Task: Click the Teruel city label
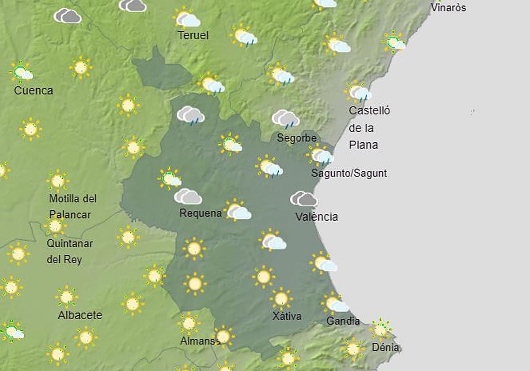[193, 35]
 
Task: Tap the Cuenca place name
[34, 91]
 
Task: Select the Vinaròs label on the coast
[448, 8]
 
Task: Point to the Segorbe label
[297, 138]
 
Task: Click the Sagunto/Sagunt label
[349, 173]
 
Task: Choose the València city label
[317, 217]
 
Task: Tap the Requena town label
[201, 213]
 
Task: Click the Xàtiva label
[287, 316]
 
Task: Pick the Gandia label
[343, 321]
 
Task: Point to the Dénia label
[385, 348]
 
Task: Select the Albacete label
[80, 315]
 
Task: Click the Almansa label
[200, 341]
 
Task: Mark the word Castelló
[369, 110]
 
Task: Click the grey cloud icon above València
[304, 199]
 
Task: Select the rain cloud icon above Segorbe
[285, 118]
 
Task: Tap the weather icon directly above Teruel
[187, 19]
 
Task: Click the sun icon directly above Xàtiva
[281, 299]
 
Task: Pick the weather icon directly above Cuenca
[21, 72]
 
